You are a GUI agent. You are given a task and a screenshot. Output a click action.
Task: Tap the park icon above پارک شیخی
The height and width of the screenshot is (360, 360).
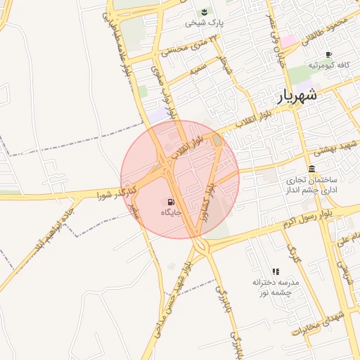pos(204,12)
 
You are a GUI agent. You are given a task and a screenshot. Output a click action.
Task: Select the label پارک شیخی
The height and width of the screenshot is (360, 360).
pos(204,23)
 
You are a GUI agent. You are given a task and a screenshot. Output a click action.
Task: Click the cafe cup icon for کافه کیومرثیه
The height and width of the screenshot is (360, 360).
pos(328,54)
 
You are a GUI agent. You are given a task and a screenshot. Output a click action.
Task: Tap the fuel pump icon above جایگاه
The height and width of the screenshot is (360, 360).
pos(172,201)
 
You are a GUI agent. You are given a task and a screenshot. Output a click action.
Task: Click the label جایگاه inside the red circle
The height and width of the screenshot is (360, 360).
pos(172,212)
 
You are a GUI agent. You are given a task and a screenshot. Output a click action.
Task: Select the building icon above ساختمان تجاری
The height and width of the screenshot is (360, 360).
pos(311,169)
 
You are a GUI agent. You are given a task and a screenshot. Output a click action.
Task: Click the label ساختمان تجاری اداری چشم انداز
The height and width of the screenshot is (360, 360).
pos(311,185)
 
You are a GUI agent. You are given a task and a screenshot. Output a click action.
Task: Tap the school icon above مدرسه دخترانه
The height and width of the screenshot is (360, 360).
pos(276,271)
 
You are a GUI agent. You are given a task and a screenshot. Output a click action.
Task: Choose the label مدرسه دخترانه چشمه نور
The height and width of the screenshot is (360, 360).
pos(276,287)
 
